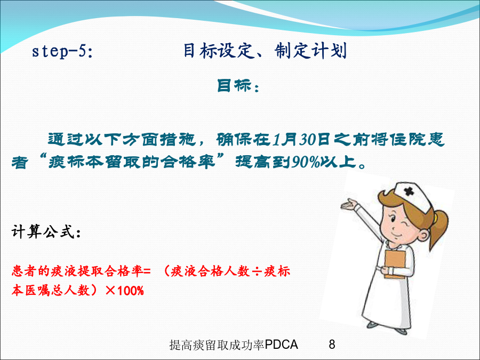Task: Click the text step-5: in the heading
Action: pos(62,51)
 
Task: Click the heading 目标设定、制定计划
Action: pos(265,51)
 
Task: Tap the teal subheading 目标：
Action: pos(238,86)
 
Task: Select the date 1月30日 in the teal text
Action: pos(301,140)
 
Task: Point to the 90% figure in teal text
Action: pos(306,162)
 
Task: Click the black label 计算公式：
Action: pos(46,231)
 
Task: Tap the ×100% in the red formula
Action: pos(125,290)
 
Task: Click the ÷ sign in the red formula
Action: pos(257,271)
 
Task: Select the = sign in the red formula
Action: pos(147,271)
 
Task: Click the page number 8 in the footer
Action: pos(332,345)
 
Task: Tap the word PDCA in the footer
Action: pos(282,345)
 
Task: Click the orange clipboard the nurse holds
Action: pos(395,264)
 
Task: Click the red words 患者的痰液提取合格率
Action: pos(77,271)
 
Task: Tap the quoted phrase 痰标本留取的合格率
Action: pos(132,162)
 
